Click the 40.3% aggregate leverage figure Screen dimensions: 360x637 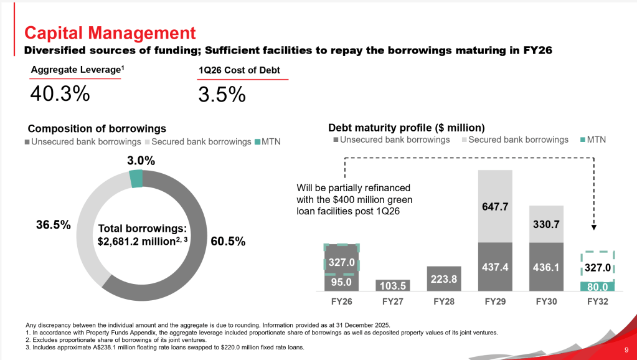coord(60,94)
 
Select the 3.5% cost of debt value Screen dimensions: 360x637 coord(222,94)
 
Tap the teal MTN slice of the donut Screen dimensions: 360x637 coord(136,179)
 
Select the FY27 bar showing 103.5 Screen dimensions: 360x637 coord(393,285)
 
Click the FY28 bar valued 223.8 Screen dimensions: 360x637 coord(443,279)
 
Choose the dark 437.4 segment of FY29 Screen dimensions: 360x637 coord(495,267)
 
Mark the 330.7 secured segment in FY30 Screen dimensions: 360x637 coord(546,224)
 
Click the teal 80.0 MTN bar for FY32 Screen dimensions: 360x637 coord(597,287)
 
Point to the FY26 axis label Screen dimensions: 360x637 coord(341,301)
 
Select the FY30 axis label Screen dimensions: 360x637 coord(546,301)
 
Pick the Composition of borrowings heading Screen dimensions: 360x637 coord(97,128)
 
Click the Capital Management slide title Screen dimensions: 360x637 coord(110,32)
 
